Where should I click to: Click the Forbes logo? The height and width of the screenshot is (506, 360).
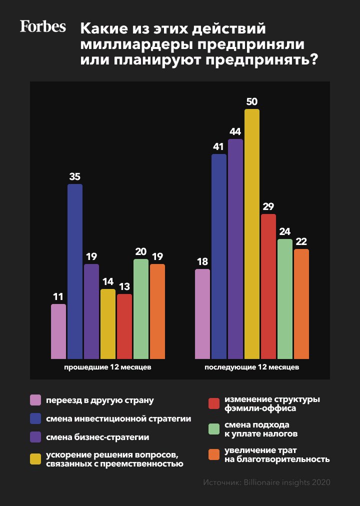pyautogui.click(x=42, y=26)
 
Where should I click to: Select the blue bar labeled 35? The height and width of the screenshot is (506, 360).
pyautogui.click(x=75, y=271)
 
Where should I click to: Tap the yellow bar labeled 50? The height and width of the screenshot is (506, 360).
pyautogui.click(x=252, y=233)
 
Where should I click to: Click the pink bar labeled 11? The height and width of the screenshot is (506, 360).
pyautogui.click(x=58, y=331)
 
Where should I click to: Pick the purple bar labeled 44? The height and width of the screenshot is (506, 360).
pyautogui.click(x=235, y=248)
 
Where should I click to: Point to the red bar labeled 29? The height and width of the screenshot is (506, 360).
pyautogui.click(x=268, y=286)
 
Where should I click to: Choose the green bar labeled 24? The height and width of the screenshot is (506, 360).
pyautogui.click(x=285, y=298)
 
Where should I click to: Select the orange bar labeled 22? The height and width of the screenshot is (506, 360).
pyautogui.click(x=301, y=303)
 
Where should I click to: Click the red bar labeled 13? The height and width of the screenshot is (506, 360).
pyautogui.click(x=124, y=326)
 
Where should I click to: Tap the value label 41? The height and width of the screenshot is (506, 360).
pyautogui.click(x=219, y=147)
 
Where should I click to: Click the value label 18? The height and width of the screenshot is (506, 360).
pyautogui.click(x=202, y=262)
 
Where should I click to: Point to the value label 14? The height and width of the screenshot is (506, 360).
pyautogui.click(x=108, y=282)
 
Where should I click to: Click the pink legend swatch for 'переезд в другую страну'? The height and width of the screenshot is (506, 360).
pyautogui.click(x=35, y=400)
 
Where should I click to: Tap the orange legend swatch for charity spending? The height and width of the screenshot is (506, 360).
pyautogui.click(x=214, y=455)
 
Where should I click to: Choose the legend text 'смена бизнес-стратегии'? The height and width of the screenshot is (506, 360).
pyautogui.click(x=97, y=437)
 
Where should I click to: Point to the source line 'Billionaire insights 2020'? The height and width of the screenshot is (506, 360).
pyautogui.click(x=287, y=482)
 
